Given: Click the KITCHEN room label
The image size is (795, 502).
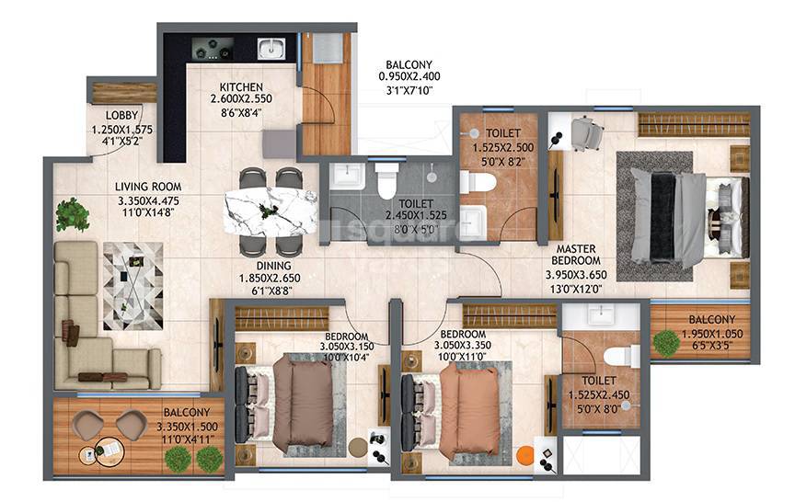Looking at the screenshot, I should [x=241, y=87].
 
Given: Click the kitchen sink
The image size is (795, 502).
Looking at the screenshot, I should [x=271, y=49].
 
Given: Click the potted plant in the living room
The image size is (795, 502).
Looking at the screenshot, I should [x=71, y=215].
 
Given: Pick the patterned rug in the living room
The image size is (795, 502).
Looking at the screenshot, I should [x=132, y=285].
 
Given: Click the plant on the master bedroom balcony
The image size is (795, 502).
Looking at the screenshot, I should [x=666, y=343].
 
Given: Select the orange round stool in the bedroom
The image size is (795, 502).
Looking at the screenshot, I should [x=524, y=454].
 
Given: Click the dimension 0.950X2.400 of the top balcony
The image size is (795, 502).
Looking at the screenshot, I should [x=409, y=77].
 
